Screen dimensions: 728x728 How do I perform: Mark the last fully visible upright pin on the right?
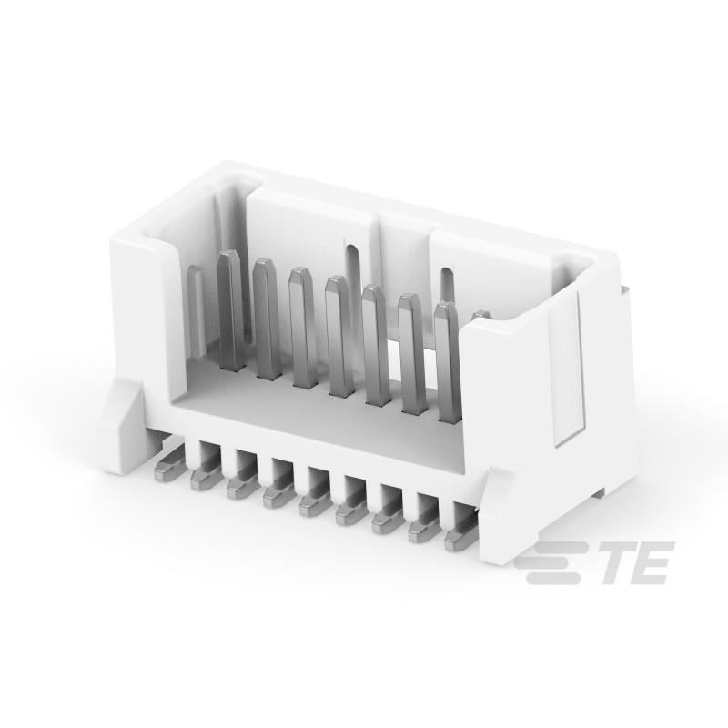(446, 364)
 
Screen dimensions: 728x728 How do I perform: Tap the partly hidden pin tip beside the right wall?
(480, 315)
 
